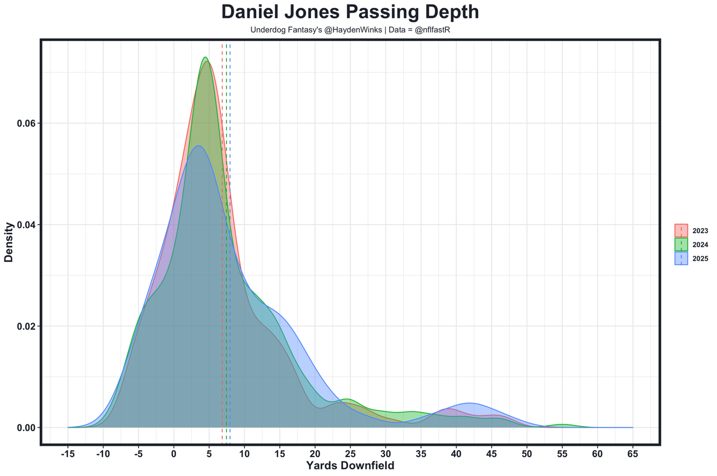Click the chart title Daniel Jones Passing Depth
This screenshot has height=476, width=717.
pos(350,12)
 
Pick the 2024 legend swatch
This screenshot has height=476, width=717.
pos(681,244)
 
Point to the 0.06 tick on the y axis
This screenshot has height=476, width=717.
pos(26,123)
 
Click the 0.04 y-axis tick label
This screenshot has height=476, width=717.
pos(26,225)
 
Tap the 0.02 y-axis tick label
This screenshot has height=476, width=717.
pos(26,326)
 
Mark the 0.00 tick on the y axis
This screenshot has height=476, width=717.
pos(26,428)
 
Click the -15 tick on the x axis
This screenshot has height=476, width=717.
pos(67,454)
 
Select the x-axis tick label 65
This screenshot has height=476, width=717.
pos(633,454)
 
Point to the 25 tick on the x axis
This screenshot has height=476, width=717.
pos(350,454)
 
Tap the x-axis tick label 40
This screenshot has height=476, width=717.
pos(456,454)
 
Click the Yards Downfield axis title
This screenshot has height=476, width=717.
pos(350,466)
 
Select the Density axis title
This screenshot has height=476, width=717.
pos(9,242)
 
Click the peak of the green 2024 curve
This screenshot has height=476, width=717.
pos(205,57)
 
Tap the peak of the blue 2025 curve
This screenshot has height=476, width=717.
pos(198,146)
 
